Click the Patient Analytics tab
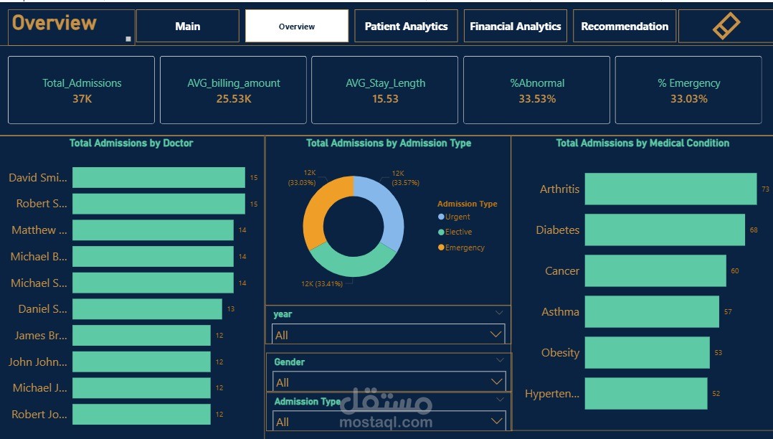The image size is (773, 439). click(x=406, y=27)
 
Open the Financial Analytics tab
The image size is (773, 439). click(x=515, y=27)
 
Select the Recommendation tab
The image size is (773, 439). click(x=625, y=27)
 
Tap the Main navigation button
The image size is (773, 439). click(x=187, y=27)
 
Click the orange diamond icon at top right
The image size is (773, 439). click(x=726, y=26)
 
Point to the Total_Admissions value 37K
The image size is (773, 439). click(x=82, y=99)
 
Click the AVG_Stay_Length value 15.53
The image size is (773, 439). click(x=385, y=99)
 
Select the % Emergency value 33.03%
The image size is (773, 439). click(x=688, y=99)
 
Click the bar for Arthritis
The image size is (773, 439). click(x=670, y=189)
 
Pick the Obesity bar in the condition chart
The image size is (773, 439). click(x=647, y=352)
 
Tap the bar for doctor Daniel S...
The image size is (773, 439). click(x=147, y=309)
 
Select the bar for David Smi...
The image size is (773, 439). click(x=158, y=178)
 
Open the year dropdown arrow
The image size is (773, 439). click(x=495, y=334)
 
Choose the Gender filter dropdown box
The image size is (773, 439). click(x=388, y=382)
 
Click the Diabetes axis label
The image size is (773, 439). click(x=557, y=230)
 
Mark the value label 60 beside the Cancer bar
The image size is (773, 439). click(x=735, y=271)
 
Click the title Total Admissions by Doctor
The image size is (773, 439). click(x=131, y=143)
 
